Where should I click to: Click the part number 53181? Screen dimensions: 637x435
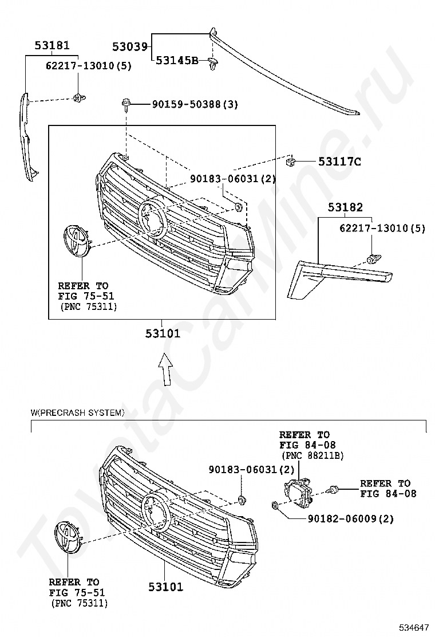click(x=52, y=44)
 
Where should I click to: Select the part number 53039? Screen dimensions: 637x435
click(x=130, y=46)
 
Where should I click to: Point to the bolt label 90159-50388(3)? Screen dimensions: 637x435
click(x=195, y=104)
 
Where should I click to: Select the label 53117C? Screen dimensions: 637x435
click(x=339, y=162)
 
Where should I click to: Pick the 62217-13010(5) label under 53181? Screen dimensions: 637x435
click(x=88, y=66)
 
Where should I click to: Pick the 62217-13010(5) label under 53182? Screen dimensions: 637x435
click(x=382, y=228)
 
